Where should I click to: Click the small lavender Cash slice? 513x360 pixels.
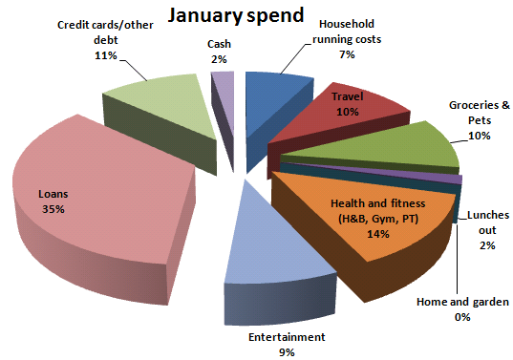223,83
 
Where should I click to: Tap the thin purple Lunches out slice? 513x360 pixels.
457,179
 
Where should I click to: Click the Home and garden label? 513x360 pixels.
462,303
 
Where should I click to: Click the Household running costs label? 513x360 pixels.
346,32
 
